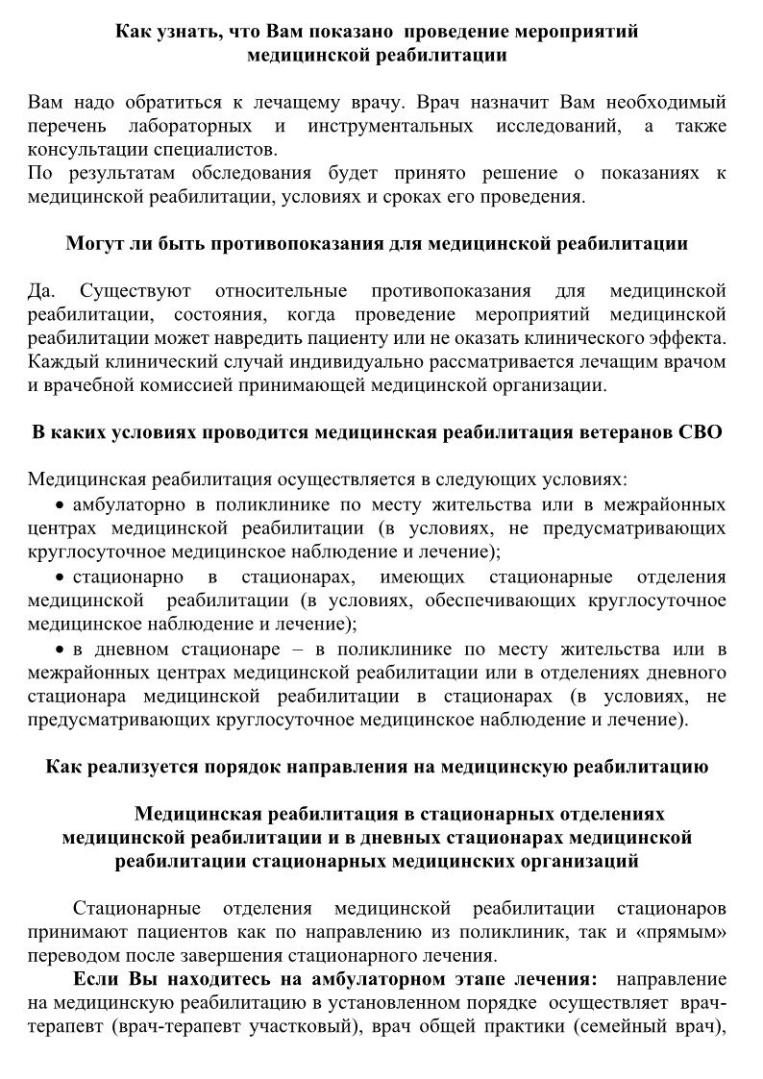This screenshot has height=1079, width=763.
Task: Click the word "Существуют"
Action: point(135,290)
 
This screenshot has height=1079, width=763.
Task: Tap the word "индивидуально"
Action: point(339,361)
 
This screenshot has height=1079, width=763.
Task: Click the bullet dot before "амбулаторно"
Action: point(60,505)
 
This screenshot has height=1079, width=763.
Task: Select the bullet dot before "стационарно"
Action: point(60,576)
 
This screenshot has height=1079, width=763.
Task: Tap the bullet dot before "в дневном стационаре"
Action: point(60,648)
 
